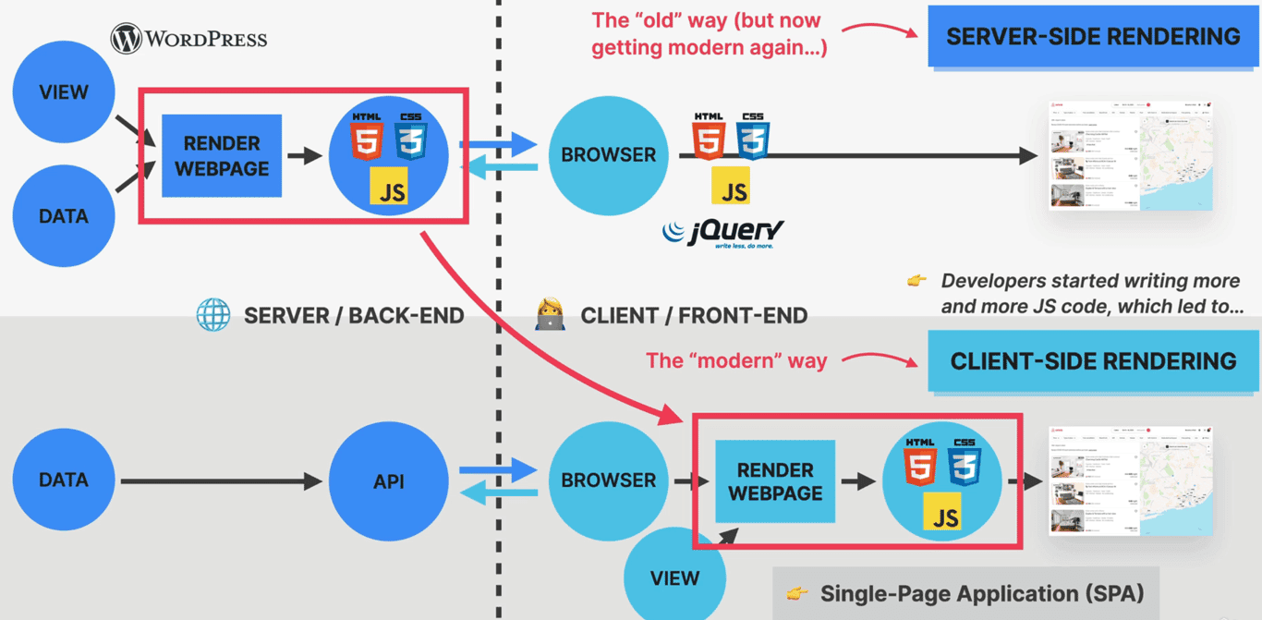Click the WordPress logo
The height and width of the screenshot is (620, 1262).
click(x=188, y=39)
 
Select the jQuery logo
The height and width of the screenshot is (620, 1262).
click(x=723, y=232)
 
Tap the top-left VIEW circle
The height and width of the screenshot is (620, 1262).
click(x=64, y=92)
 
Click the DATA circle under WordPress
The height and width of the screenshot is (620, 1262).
click(x=64, y=216)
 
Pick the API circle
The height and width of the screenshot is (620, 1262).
click(x=388, y=481)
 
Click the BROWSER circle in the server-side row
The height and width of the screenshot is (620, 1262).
click(x=608, y=155)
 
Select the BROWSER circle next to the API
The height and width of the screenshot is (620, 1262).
click(x=608, y=480)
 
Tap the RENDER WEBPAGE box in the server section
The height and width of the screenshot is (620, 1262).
click(x=222, y=156)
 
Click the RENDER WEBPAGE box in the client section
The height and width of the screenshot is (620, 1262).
click(x=775, y=481)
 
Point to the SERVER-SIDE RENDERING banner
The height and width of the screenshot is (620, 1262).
click(x=1093, y=37)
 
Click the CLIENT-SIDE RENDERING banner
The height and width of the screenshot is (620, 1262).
click(x=1093, y=361)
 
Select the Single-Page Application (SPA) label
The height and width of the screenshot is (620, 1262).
click(x=965, y=593)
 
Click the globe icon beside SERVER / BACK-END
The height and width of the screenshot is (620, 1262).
click(x=213, y=315)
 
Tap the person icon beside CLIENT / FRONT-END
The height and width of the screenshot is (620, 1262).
click(x=550, y=315)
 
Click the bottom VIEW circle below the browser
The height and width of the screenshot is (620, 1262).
click(x=674, y=577)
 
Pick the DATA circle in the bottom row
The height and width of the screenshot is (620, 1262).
click(x=64, y=480)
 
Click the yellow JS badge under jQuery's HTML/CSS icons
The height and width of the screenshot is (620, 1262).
click(x=731, y=186)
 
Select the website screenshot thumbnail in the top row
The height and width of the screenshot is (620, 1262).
click(x=1130, y=156)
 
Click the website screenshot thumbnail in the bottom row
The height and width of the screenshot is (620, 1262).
click(x=1130, y=480)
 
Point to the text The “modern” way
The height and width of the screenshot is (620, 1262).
click(x=736, y=360)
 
